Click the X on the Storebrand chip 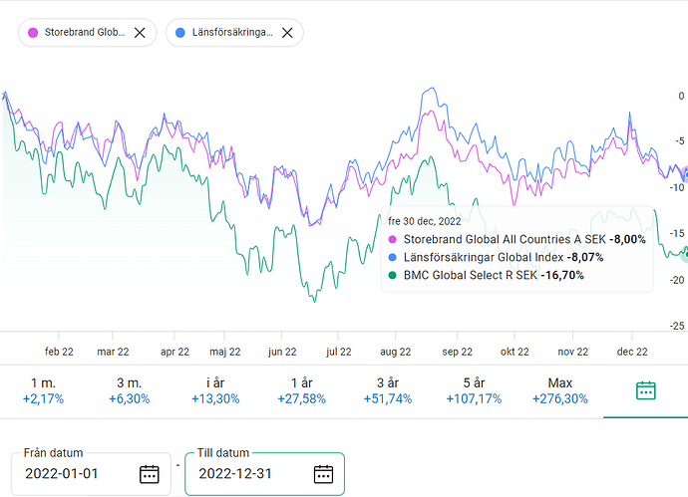coord(140,32)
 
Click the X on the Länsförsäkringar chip coord(287,32)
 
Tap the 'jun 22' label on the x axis coord(282,351)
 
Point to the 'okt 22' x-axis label coord(515,351)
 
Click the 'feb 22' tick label coord(59,351)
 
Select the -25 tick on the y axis coord(677,326)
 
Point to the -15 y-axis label coord(677,233)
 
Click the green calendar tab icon coord(645,390)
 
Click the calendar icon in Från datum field coord(150,473)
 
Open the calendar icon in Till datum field coord(323,473)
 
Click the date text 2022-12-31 coord(237,473)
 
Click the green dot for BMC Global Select coord(392,275)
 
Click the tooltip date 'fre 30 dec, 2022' coord(425,221)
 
